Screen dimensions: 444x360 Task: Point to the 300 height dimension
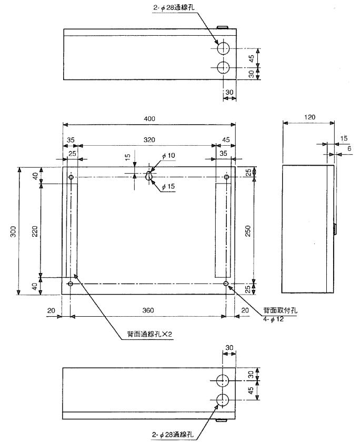[x=14, y=231]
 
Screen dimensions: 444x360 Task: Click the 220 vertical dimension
[x=35, y=230]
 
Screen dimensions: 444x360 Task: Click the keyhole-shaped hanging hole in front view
[x=149, y=176]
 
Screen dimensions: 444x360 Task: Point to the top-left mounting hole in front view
[x=71, y=178]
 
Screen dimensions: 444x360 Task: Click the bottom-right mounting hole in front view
[x=226, y=284]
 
